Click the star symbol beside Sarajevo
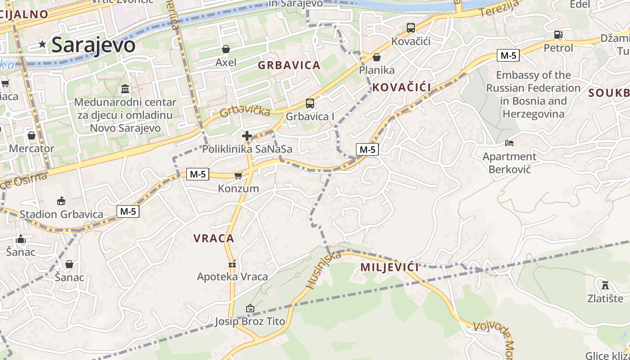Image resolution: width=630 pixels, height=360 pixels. coord(42,44)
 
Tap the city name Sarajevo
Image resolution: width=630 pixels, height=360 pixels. coord(93,45)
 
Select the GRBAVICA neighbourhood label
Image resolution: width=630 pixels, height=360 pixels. coord(289,65)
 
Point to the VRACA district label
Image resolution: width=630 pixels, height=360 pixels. coord(214,238)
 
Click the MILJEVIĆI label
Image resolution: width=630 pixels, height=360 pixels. coord(389,267)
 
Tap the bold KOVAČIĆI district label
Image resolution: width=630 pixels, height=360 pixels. coord(402,87)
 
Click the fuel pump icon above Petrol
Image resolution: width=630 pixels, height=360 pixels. coord(558,35)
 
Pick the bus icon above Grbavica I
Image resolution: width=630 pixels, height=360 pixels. coord(310,103)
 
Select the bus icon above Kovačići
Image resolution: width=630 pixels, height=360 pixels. coord(411,28)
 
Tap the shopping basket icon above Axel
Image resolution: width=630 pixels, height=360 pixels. coord(226,49)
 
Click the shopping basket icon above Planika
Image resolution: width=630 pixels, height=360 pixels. coord(377,57)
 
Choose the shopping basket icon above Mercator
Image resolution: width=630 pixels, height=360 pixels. coord(31,135)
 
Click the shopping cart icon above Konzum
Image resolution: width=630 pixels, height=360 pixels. coord(238,175)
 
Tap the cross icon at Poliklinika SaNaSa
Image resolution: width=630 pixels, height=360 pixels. coord(247,136)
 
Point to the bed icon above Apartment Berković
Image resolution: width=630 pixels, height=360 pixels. coord(509,143)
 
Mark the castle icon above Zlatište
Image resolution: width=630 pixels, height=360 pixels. coord(605,285)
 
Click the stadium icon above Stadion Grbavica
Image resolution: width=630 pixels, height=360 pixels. coord(61,201)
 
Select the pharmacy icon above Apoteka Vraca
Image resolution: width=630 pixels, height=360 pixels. coord(232,263)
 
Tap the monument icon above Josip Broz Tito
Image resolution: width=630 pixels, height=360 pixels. coord(250,308)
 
